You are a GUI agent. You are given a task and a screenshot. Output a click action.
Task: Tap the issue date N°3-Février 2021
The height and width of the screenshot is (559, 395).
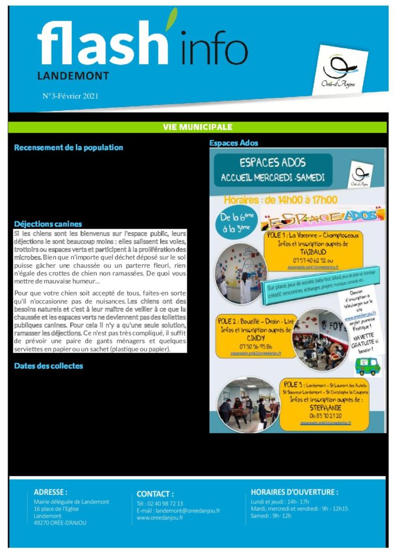click(x=70, y=95)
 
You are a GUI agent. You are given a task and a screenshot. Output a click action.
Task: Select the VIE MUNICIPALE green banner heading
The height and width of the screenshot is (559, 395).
click(x=197, y=127)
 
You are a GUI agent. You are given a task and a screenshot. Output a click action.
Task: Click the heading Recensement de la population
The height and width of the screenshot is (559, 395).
click(x=68, y=147)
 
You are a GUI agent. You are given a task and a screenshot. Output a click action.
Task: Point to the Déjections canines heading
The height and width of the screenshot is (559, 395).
click(x=48, y=224)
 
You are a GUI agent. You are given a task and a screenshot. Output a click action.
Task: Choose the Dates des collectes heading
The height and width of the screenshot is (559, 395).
click(x=48, y=366)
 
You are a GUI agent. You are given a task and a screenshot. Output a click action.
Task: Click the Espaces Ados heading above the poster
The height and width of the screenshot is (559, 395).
click(x=234, y=143)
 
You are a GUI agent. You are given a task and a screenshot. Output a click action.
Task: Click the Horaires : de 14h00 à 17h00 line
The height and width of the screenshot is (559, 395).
click(x=280, y=199)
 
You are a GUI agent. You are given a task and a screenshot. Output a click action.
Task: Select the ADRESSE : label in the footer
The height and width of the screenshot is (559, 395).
click(x=51, y=492)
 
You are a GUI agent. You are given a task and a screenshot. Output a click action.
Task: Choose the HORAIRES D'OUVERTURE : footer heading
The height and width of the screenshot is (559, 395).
click(x=294, y=492)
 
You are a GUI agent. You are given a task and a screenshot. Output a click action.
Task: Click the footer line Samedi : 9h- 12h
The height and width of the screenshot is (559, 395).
click(x=271, y=515)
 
